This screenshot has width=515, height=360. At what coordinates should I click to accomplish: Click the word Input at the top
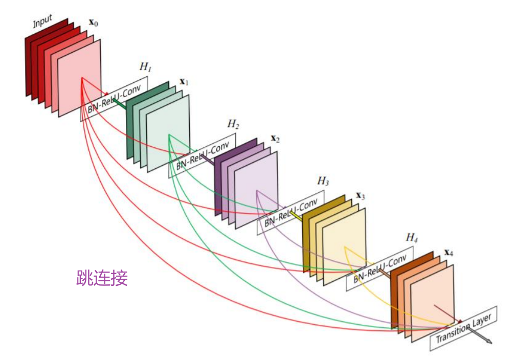coord(43,22)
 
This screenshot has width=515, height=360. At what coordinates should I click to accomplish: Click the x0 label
coord(94,22)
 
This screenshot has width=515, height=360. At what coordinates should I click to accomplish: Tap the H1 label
coord(146,67)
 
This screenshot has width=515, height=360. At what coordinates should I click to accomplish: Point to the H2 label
coord(233,124)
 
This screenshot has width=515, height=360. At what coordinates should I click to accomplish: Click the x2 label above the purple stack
coord(275,139)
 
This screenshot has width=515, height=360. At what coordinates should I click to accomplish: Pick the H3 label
coord(323,181)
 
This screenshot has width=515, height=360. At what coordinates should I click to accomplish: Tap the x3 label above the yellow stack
coord(361,196)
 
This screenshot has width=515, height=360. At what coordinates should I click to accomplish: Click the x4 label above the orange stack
coord(449,252)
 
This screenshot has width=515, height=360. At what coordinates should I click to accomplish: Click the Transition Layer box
coord(463,328)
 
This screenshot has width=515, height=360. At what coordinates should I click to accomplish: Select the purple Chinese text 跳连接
coord(102,278)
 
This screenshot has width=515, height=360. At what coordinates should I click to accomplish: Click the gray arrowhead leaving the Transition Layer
coord(488,341)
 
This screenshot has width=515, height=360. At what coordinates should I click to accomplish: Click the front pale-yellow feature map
coord(344,245)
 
